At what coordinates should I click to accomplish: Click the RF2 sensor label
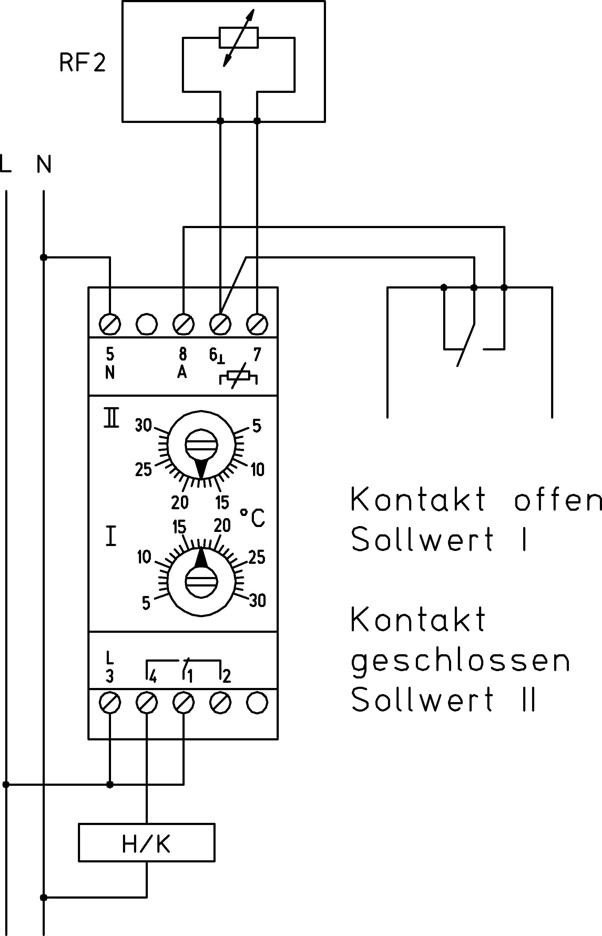click(82, 63)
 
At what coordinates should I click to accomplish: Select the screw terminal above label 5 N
click(110, 323)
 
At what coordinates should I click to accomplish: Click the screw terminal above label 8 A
click(183, 323)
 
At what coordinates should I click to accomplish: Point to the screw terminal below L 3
click(110, 702)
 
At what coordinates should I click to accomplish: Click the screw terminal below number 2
click(220, 702)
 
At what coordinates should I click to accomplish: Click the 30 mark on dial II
click(144, 425)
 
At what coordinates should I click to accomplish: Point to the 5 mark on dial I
click(146, 603)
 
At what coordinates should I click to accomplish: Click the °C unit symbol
click(252, 518)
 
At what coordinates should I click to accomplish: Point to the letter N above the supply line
click(44, 165)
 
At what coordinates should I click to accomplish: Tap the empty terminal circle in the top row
click(147, 323)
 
